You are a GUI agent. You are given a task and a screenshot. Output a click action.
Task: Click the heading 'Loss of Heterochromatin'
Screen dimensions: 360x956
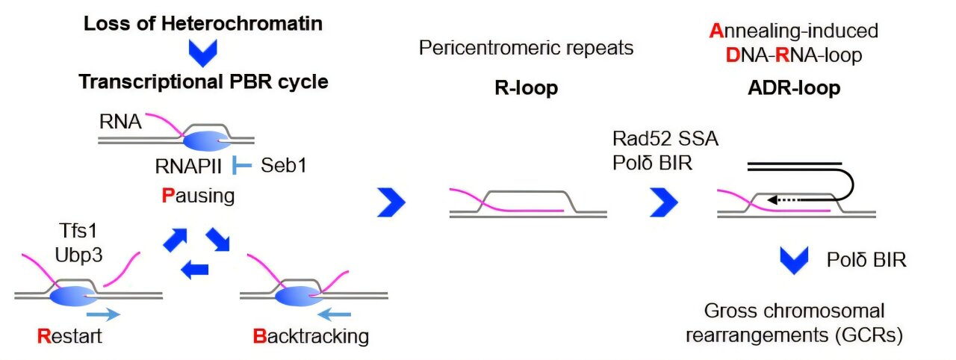pyautogui.click(x=203, y=23)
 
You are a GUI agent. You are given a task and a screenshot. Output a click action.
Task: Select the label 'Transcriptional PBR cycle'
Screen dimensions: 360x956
pyautogui.click(x=203, y=81)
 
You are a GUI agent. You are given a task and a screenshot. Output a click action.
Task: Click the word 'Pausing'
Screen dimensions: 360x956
pyautogui.click(x=198, y=196)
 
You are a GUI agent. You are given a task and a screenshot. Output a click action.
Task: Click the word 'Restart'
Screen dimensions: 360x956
pyautogui.click(x=69, y=336)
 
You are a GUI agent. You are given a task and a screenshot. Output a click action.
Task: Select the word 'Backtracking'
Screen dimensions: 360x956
pyautogui.click(x=311, y=336)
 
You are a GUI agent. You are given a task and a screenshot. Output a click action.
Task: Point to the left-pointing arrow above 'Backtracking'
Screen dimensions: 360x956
pyautogui.click(x=341, y=314)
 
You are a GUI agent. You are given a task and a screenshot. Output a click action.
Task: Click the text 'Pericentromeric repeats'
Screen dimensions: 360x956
pyautogui.click(x=526, y=49)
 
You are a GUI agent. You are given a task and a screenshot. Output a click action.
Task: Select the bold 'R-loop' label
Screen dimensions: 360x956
pyautogui.click(x=526, y=89)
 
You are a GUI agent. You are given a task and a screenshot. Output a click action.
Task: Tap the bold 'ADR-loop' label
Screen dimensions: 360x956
pyautogui.click(x=793, y=89)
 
